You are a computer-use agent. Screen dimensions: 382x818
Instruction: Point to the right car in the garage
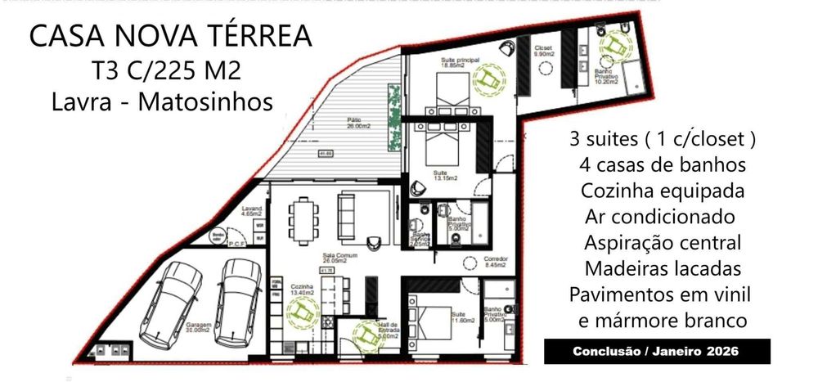237,293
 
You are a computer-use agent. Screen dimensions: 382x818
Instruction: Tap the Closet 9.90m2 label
544,51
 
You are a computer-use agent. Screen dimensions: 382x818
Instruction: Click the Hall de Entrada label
387,330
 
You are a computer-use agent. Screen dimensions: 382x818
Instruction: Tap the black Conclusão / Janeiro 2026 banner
657,352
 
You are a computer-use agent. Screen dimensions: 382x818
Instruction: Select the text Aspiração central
663,243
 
